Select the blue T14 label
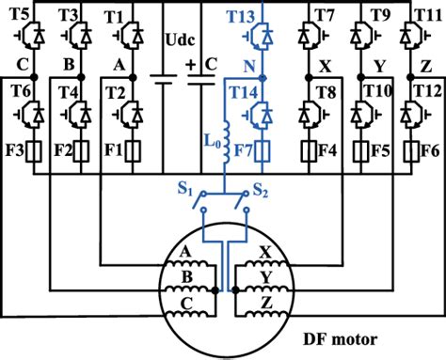(244, 91)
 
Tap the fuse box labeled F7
(265, 149)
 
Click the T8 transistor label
(325, 91)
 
